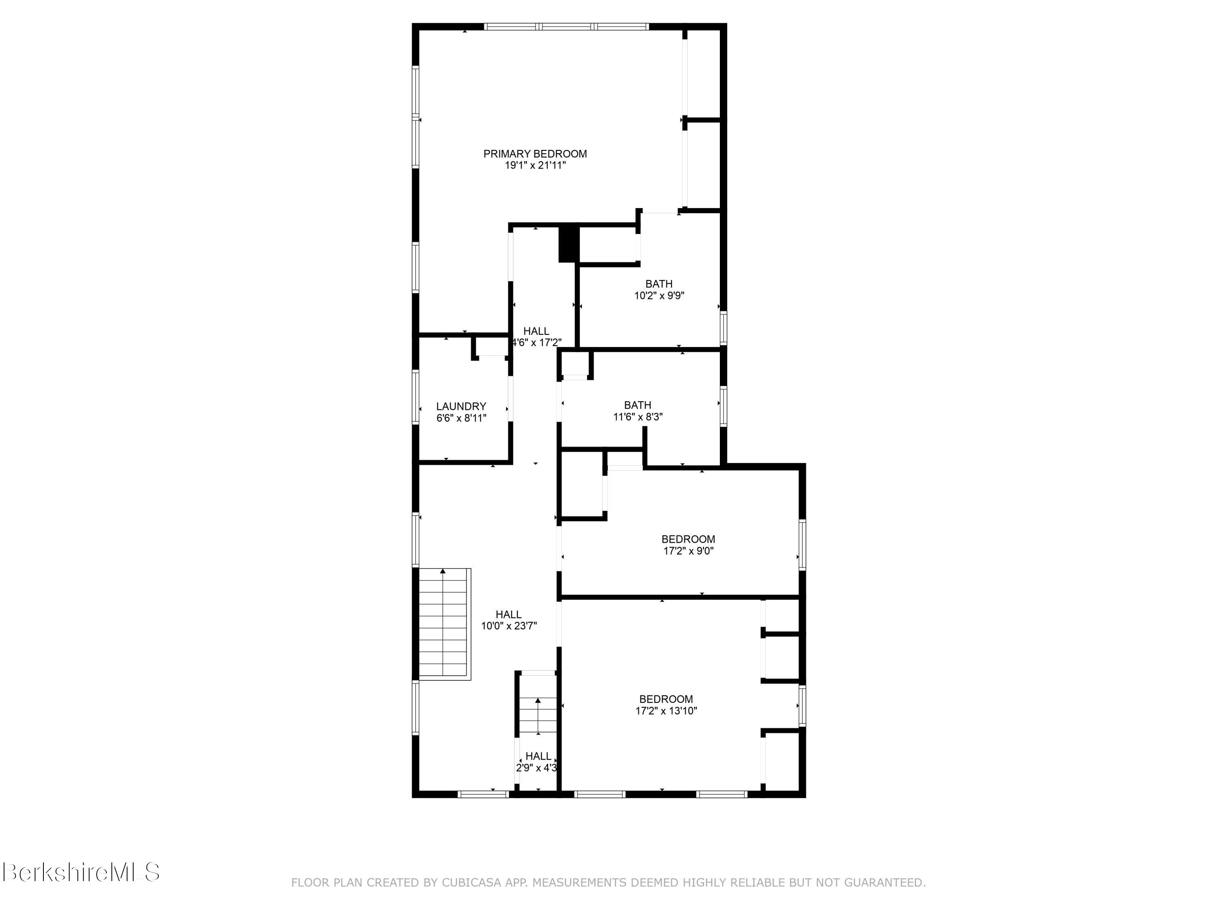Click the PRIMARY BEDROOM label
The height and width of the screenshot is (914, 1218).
click(x=535, y=154)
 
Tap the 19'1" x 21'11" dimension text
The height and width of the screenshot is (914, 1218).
click(x=535, y=165)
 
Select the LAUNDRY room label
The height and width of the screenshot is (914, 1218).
click(x=461, y=407)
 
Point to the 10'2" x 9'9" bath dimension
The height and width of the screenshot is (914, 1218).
click(x=659, y=296)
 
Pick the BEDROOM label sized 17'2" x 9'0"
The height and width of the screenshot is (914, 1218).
click(x=688, y=539)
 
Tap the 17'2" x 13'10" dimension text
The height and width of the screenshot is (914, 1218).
click(x=666, y=711)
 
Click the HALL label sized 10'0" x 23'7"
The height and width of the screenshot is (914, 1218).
click(x=508, y=614)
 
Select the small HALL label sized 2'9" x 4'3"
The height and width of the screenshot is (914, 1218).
click(x=538, y=756)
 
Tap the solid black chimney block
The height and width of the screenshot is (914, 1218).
click(x=569, y=243)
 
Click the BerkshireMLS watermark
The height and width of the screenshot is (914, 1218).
click(x=81, y=872)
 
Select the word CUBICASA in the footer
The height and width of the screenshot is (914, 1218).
click(x=471, y=883)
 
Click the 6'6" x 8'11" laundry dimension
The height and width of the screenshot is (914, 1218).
click(x=461, y=418)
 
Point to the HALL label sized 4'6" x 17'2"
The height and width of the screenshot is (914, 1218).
click(x=536, y=331)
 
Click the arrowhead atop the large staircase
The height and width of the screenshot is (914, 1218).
click(x=443, y=571)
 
